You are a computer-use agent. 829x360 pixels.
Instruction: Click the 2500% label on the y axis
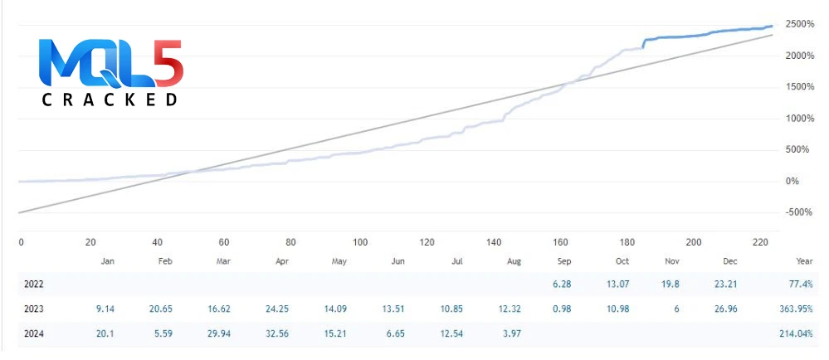(x=801, y=24)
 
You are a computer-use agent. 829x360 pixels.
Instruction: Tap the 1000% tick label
(x=801, y=119)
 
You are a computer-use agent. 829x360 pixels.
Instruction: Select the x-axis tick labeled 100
(x=360, y=242)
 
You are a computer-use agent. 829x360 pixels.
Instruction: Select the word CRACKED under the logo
(x=110, y=100)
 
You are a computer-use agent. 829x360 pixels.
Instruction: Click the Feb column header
(x=164, y=261)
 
